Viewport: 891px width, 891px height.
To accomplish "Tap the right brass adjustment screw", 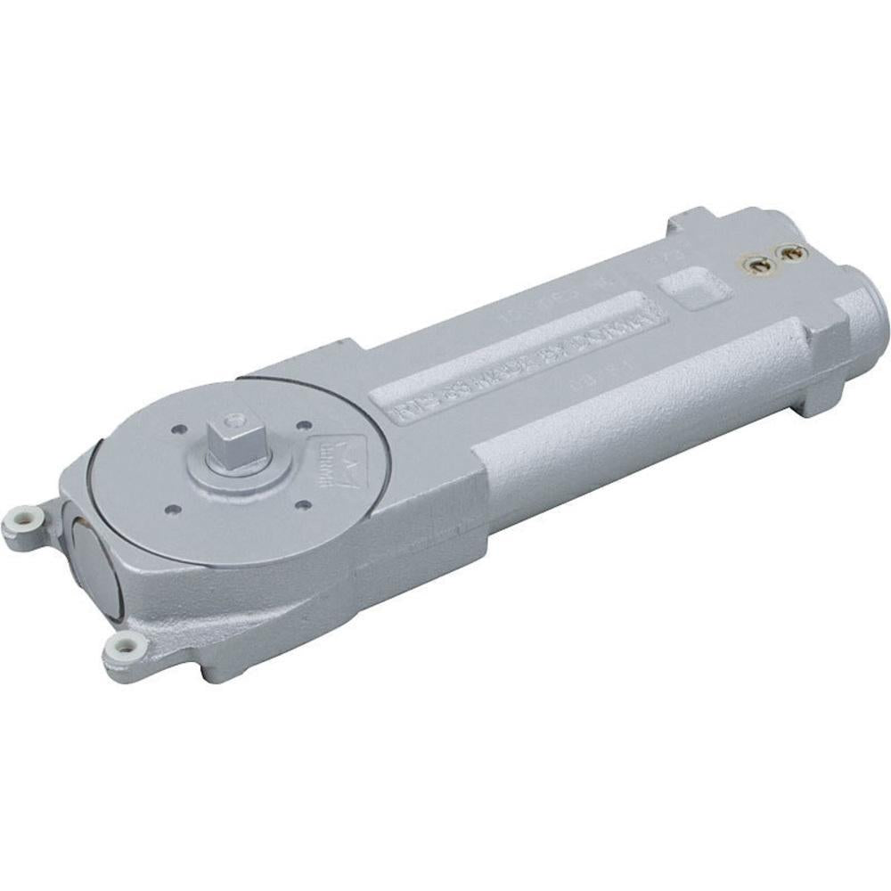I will pyautogui.click(x=792, y=254).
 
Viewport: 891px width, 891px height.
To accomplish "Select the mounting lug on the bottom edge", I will pyautogui.click(x=122, y=643).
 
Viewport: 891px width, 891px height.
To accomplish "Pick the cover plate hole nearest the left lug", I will pyautogui.click(x=173, y=509).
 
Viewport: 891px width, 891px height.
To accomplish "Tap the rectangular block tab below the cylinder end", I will pyautogui.click(x=821, y=392).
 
